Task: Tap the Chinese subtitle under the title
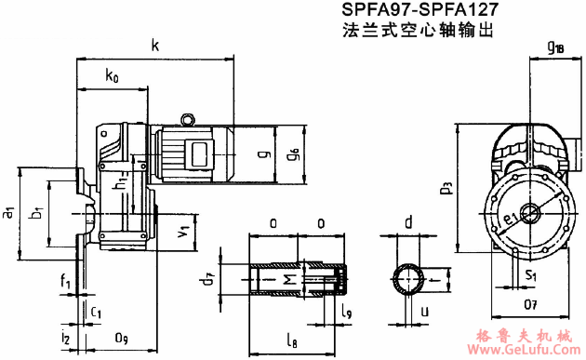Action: click(x=416, y=32)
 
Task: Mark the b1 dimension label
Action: click(x=36, y=215)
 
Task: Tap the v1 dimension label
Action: click(x=186, y=226)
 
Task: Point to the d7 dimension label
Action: click(x=209, y=276)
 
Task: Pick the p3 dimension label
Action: click(x=447, y=189)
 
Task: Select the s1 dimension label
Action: click(x=529, y=276)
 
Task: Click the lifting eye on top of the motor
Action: click(x=187, y=118)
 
